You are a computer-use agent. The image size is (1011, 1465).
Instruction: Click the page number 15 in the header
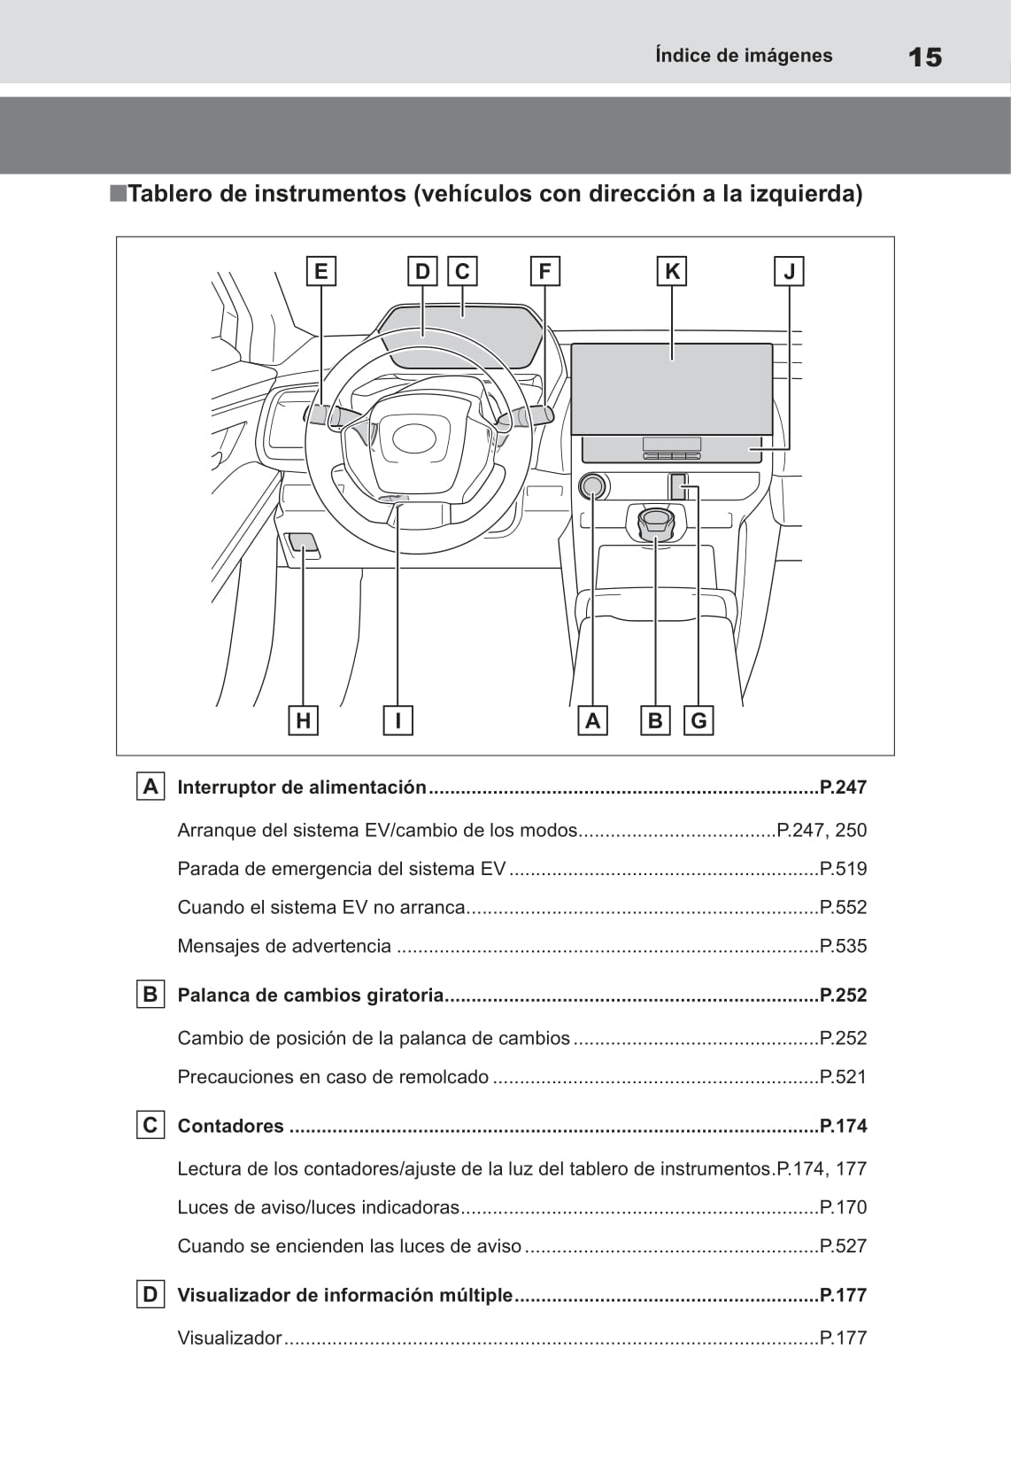[x=925, y=57]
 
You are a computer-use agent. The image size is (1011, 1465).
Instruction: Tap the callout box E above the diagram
[x=320, y=271]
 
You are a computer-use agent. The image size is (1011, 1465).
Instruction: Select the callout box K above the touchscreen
[x=672, y=271]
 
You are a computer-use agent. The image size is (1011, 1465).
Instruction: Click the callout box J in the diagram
[x=789, y=271]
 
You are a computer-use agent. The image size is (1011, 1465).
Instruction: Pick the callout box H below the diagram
[x=304, y=720]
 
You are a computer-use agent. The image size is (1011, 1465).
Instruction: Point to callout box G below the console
[x=698, y=720]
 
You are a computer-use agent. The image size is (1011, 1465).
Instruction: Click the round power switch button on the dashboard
[x=592, y=486]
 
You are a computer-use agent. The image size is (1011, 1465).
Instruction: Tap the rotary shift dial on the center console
[x=655, y=523]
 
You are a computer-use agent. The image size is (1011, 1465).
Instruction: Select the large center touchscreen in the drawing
[x=672, y=389]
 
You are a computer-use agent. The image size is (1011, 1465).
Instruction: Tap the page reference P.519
[x=843, y=869]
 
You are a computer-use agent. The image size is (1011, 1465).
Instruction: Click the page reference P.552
[x=843, y=907]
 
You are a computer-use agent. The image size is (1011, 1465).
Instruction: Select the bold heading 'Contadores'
[x=231, y=1126]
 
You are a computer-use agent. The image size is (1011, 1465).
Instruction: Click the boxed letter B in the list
[x=150, y=994]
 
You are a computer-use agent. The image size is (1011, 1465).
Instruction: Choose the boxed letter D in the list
[x=150, y=1294]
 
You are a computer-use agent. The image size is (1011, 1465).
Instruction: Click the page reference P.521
[x=843, y=1076]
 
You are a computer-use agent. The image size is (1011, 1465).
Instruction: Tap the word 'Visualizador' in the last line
[x=229, y=1337]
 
